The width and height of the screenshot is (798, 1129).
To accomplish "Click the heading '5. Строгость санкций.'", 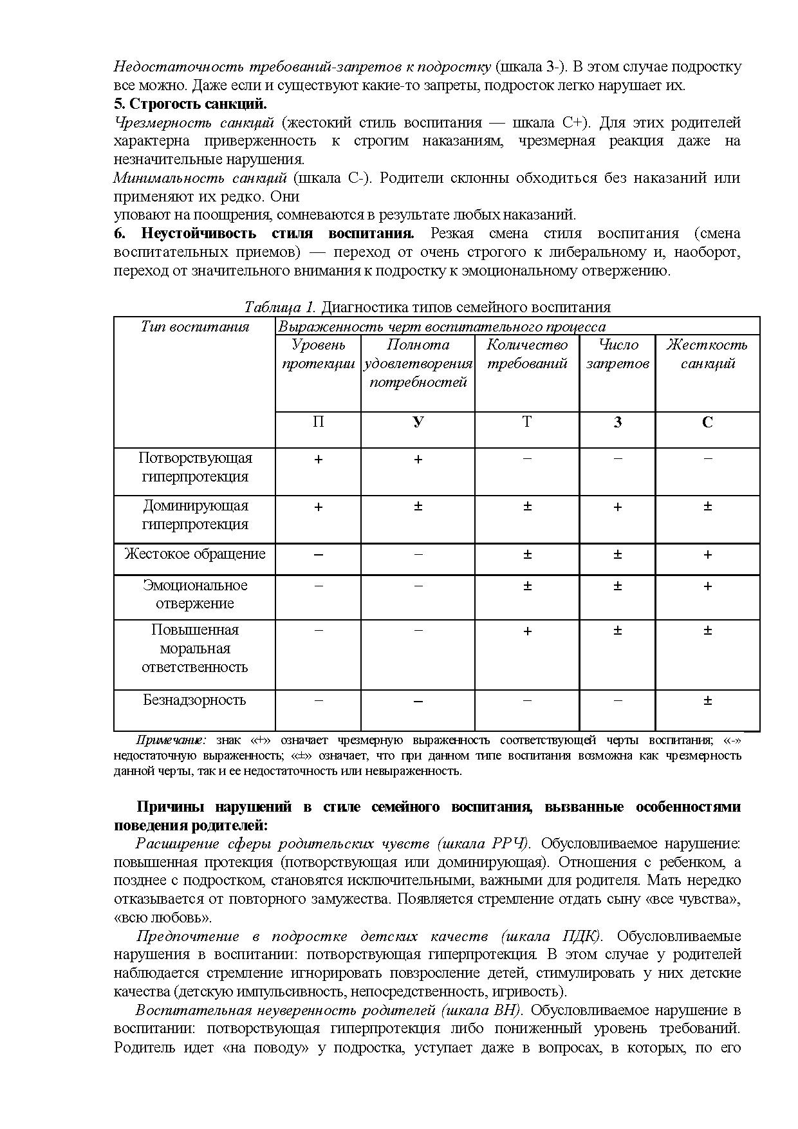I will pos(190,104).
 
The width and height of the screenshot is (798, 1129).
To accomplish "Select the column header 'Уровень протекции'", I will pos(318,354).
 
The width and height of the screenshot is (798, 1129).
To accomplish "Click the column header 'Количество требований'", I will pos(527,354).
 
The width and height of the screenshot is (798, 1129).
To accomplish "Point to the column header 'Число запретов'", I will pos(617,354).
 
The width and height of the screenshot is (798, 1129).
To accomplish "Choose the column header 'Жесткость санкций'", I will pos(707,354).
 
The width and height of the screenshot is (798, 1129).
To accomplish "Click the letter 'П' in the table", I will pos(318,422).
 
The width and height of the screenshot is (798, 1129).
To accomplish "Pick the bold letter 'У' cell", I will pos(418,422).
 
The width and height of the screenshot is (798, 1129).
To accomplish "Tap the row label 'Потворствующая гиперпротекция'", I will pos(195,467).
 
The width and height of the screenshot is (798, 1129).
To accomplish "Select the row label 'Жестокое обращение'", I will pos(195,554).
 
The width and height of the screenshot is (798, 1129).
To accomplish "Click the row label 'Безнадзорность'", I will pos(194,700).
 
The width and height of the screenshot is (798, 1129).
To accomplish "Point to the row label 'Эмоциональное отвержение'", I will pos(195,594).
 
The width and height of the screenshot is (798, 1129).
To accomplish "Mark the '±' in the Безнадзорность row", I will pos(707,701).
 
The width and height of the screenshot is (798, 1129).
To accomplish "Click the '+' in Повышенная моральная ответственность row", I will pos(527,631).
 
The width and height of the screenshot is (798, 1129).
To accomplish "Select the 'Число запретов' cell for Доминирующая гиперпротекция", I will pos(617,507).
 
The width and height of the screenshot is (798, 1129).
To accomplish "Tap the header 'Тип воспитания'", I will pos(195,327).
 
